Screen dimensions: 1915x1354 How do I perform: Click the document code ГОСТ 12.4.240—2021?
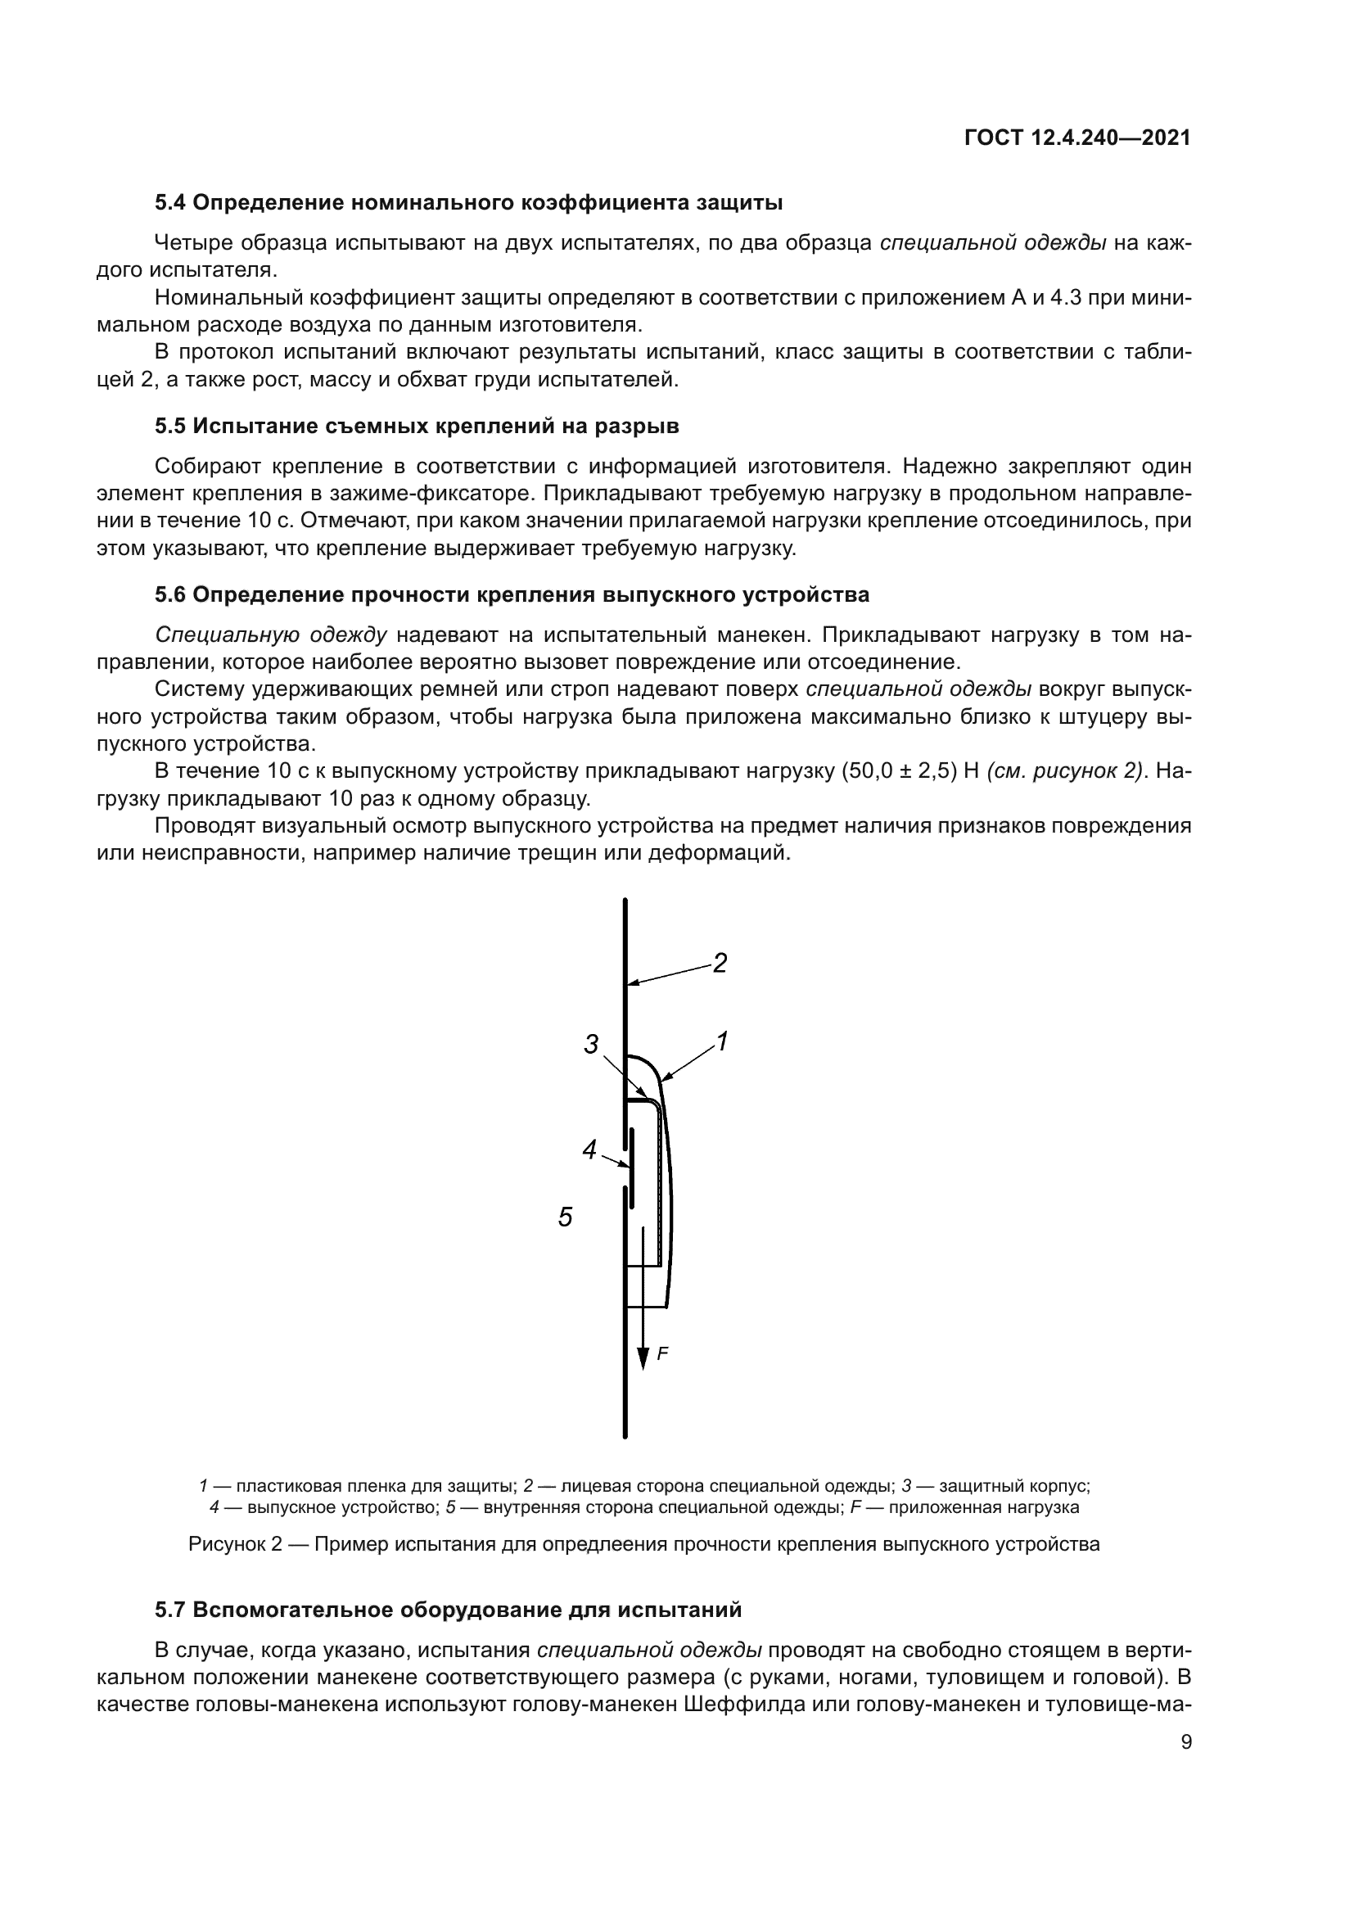coord(1077,138)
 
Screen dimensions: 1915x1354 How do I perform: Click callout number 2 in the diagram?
coord(720,964)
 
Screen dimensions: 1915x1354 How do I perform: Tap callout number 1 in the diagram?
coord(722,1041)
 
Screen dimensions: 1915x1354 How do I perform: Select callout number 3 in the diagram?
coord(591,1043)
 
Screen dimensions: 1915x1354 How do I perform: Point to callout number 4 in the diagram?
coord(589,1150)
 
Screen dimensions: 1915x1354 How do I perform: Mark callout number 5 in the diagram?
coord(566,1217)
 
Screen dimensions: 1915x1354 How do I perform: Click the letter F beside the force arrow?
coord(662,1353)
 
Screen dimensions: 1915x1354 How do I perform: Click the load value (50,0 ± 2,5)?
coord(896,770)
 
